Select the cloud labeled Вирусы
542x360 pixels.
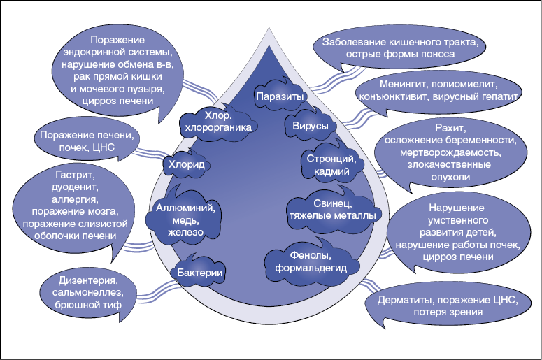[306, 126]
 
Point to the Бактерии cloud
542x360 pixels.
[199, 273]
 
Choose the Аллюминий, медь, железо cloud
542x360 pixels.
[185, 217]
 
